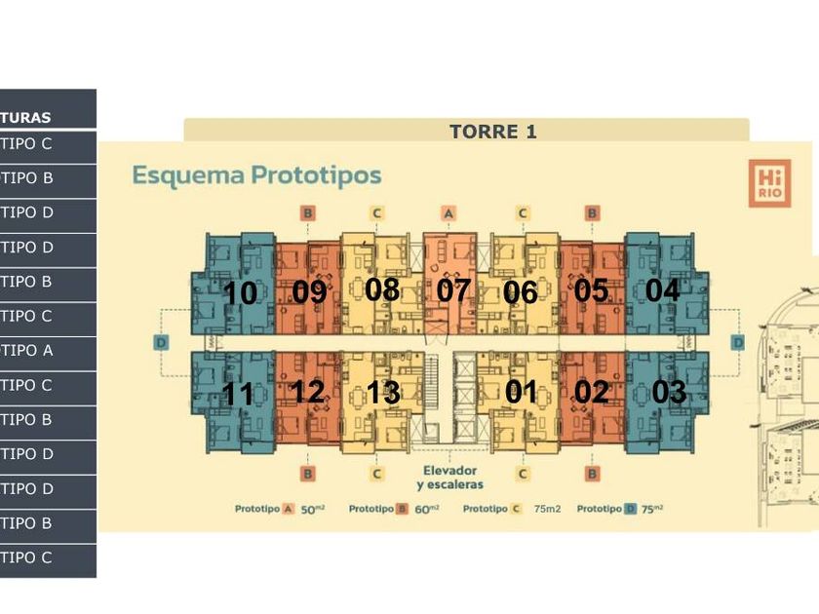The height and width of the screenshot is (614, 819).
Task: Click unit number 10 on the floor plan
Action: (x=240, y=292)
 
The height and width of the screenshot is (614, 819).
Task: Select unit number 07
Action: (x=453, y=289)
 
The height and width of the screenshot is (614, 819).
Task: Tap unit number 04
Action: (x=662, y=289)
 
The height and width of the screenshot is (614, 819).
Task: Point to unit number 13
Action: (x=383, y=392)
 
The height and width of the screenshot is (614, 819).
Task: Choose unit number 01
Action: (x=521, y=392)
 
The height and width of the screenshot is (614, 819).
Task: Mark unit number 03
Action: (x=669, y=392)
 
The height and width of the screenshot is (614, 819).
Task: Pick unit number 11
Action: (x=238, y=394)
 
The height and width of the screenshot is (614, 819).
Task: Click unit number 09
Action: (x=309, y=291)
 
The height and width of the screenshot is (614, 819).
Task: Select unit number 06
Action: (x=521, y=291)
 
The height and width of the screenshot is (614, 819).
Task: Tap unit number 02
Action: (x=591, y=392)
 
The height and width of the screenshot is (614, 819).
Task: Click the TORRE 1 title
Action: (x=492, y=132)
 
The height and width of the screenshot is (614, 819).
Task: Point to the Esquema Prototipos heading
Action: (x=256, y=176)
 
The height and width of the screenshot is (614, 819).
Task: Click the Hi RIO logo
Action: (x=768, y=183)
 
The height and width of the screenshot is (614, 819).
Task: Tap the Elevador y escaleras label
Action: (x=449, y=477)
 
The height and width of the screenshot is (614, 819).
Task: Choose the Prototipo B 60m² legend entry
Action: (x=393, y=509)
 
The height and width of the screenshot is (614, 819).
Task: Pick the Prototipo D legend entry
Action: (x=620, y=509)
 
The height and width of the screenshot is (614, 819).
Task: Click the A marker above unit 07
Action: (x=448, y=213)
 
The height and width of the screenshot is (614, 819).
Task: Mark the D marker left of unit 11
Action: (x=162, y=342)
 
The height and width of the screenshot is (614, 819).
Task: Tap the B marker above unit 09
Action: (x=307, y=213)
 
